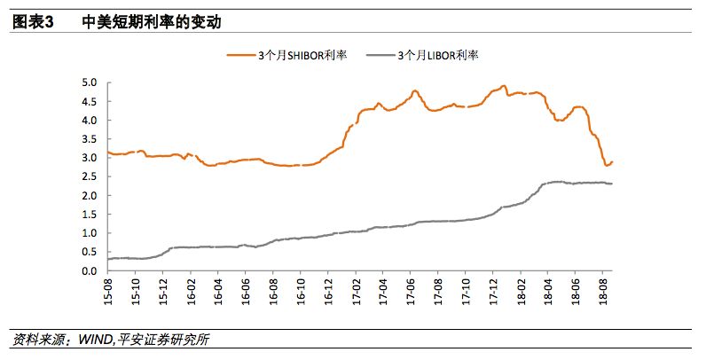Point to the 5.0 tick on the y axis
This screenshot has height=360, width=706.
(x=89, y=82)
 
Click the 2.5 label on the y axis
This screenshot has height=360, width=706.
(x=89, y=176)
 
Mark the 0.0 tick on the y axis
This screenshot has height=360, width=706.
(x=89, y=271)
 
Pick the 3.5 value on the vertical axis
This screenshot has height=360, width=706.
(x=89, y=139)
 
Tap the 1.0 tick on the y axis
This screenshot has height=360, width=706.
(x=89, y=233)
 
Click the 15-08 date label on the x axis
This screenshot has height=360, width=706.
(x=108, y=292)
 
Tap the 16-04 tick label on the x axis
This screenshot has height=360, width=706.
(x=218, y=292)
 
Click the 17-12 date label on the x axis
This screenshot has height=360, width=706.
(x=492, y=292)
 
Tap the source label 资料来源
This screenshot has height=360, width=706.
(x=36, y=340)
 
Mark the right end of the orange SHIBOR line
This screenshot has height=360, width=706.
(x=612, y=161)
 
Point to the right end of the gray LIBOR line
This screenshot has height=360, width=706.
(x=612, y=184)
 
